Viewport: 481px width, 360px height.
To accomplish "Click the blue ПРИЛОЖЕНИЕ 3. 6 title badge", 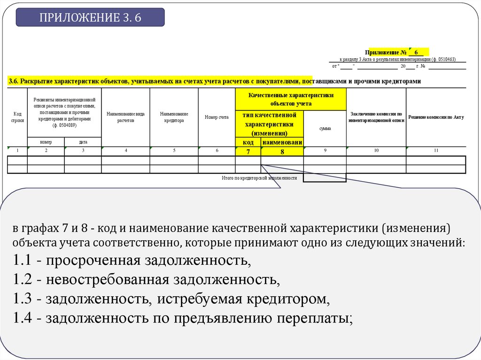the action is point(90,17).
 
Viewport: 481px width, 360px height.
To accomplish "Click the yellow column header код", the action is point(248,142).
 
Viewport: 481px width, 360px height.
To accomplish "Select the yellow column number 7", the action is point(248,151).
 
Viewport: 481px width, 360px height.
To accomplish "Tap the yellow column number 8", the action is point(282,151).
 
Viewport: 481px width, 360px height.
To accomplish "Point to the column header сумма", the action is point(325,129).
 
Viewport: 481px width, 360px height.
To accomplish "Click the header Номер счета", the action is point(217,117).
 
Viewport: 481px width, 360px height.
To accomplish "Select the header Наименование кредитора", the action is point(174,117).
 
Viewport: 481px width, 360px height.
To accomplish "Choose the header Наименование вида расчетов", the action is point(125,117).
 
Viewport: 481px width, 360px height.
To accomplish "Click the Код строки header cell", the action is point(17,117).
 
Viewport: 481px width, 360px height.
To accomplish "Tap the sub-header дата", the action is point(83,142).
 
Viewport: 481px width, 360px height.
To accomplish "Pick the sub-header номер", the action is point(46,142).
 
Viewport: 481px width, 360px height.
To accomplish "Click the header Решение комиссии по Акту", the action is point(436,117).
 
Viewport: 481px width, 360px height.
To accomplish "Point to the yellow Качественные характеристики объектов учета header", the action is point(291,99).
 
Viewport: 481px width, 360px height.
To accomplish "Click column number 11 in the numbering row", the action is point(436,151).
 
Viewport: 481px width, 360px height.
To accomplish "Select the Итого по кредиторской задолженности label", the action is point(259,178).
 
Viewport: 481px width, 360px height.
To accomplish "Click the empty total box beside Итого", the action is point(325,178).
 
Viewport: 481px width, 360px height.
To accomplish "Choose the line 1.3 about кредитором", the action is point(169,299).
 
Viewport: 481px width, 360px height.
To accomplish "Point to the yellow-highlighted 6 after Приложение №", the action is point(416,52).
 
